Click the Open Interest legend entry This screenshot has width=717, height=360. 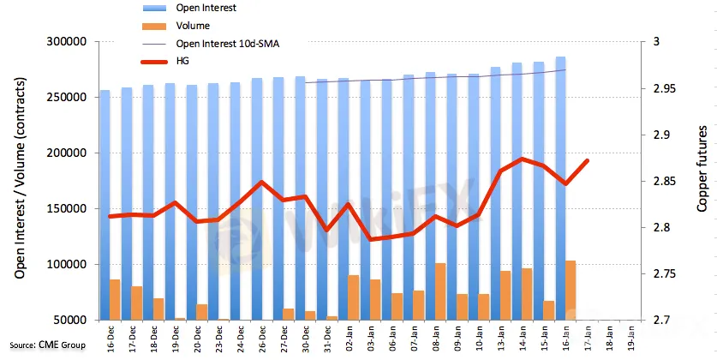click(189, 8)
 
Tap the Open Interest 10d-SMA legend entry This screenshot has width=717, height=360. click(211, 44)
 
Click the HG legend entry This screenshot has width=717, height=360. click(165, 61)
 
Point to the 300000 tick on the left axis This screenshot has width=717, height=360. click(67, 42)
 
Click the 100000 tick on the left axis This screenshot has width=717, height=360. click(67, 264)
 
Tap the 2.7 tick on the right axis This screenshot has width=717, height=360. click(648, 321)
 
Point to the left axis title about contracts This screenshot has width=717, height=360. click(20, 178)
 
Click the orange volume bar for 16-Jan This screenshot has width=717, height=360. click(571, 291)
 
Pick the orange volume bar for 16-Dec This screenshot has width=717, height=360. click(115, 300)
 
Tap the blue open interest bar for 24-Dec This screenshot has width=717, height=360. click(235, 201)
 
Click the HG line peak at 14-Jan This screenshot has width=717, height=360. click(522, 159)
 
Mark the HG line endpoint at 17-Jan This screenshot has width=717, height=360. click(587, 160)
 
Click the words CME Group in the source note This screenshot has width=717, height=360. click(62, 345)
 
